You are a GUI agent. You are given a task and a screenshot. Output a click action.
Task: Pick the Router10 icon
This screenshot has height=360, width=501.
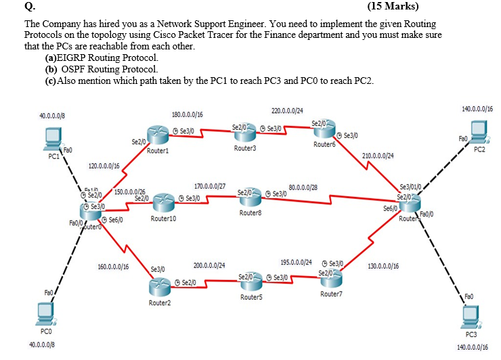pos(164,202)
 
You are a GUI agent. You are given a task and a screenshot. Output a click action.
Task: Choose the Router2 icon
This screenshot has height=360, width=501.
pos(160,286)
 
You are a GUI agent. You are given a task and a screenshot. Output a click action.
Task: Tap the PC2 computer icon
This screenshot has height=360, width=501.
pos(479,131)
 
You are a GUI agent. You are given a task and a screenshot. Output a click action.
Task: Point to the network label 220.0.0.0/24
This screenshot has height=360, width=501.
pos(287,110)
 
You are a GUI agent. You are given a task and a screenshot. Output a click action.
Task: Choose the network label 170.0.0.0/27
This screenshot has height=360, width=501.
pos(210,185)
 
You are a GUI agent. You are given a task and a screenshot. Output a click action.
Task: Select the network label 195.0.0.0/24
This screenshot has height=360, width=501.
pos(296,262)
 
